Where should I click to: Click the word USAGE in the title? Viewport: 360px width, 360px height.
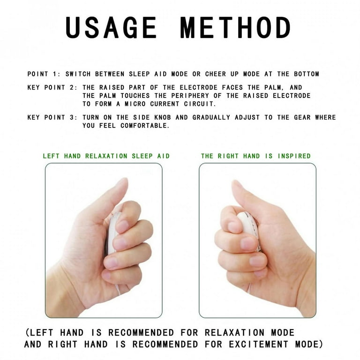pyautogui.click(x=111, y=28)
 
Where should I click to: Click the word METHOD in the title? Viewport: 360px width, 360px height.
pyautogui.click(x=236, y=28)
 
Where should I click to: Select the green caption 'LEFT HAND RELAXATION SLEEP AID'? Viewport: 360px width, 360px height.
pyautogui.click(x=106, y=156)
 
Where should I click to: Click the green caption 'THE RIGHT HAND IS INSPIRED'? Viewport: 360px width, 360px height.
pyautogui.click(x=256, y=156)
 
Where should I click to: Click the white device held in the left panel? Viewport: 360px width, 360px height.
pyautogui.click(x=112, y=234)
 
